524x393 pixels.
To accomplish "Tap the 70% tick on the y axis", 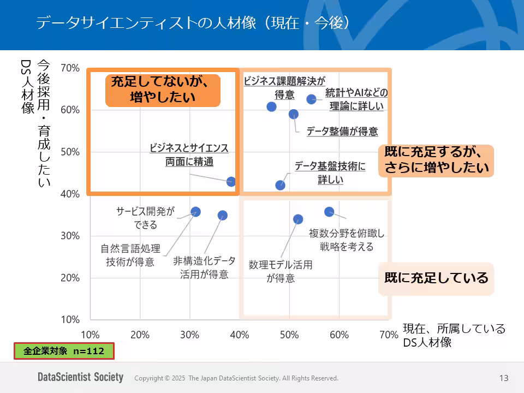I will [x=70, y=68].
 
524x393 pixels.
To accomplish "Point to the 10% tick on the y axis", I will [x=70, y=319].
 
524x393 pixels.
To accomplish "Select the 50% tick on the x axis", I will [x=289, y=335].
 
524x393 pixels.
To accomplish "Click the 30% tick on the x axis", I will [x=190, y=335].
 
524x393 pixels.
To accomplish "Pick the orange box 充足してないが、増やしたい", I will [x=163, y=90].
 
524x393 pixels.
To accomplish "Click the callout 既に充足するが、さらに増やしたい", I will [x=436, y=160].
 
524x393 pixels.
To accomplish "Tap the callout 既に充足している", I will [x=436, y=278].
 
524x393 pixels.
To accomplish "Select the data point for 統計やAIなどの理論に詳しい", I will [x=312, y=99].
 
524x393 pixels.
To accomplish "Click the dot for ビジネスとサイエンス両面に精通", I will [x=231, y=182].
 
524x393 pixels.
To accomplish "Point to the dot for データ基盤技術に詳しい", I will [x=280, y=185].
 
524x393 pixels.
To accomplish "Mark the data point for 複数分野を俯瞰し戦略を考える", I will [x=329, y=211].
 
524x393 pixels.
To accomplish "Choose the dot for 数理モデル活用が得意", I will [x=298, y=219].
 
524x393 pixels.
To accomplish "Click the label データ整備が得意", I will [x=342, y=132].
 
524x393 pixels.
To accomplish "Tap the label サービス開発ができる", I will [x=145, y=218].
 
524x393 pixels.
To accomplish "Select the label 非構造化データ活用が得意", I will [x=204, y=267].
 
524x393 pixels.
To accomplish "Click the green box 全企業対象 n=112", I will [x=64, y=351].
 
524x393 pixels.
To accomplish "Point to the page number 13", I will [x=503, y=378].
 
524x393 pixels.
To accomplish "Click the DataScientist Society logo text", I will [x=80, y=377].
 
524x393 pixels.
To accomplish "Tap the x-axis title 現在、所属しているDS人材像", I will [x=454, y=335].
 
